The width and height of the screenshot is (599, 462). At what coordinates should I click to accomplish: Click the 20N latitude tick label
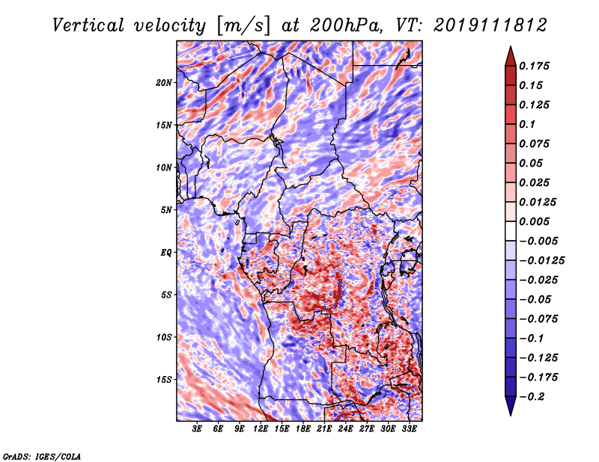164,82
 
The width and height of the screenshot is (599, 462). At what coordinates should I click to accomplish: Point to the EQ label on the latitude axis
166,253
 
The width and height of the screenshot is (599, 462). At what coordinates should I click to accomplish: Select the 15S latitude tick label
164,380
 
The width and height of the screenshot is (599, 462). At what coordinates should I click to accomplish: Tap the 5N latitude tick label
166,210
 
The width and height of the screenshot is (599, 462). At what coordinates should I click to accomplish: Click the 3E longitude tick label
198,429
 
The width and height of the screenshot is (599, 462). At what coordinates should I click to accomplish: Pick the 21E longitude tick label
324,429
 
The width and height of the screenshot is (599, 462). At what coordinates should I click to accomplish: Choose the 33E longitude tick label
409,429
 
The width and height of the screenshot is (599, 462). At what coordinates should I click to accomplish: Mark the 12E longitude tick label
261,429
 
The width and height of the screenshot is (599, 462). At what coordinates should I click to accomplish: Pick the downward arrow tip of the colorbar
510,413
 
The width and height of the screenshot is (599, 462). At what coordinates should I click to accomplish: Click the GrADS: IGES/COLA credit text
41,455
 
